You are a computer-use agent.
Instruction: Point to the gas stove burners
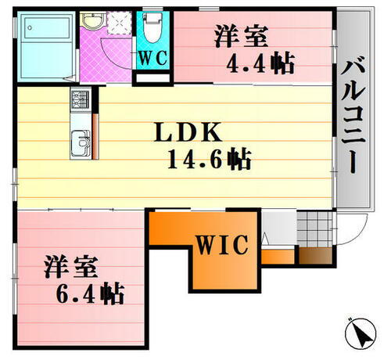tap(80, 99)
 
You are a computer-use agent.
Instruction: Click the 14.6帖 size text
tap(209, 160)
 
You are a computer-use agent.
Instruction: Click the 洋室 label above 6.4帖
tap(70, 266)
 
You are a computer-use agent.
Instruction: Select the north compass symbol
tap(358, 335)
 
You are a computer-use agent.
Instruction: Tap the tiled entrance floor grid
tap(315, 229)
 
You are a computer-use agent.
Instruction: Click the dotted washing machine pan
tap(121, 21)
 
